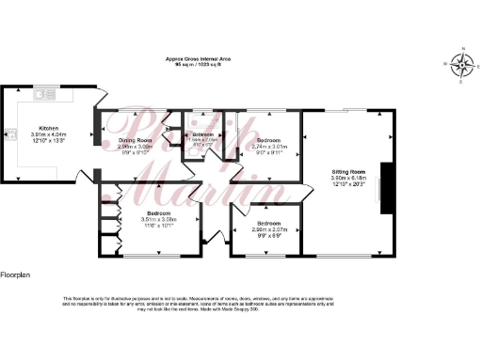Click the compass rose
pos(461,64)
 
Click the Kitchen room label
pos(48,127)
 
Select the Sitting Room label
pos(348,173)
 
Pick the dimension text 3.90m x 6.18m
pos(348,180)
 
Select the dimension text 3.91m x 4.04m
pos(48,133)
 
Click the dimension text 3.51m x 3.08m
pos(132,219)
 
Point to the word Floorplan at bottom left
pos(17,275)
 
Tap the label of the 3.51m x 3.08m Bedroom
pos(132,212)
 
